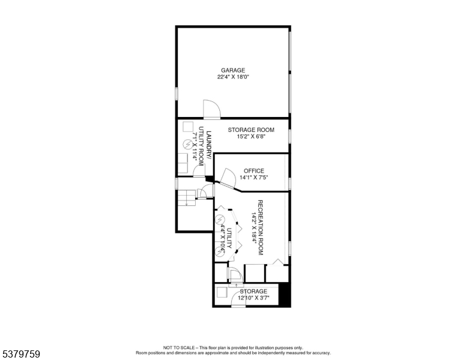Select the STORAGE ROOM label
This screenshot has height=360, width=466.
251,130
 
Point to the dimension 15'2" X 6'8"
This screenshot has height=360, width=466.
251,137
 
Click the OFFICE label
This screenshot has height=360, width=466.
253,171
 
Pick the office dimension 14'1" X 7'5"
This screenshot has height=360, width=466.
253,178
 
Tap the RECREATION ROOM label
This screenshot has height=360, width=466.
261,227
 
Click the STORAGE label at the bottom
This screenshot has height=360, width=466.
253,292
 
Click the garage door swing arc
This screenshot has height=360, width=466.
212,109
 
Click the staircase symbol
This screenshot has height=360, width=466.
187,198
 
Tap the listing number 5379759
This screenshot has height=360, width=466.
20,355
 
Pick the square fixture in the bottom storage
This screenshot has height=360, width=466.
222,292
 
